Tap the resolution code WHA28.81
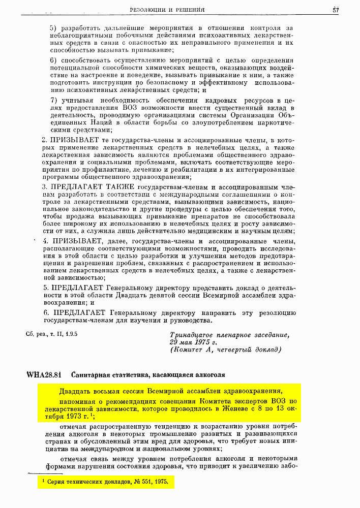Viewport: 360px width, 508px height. (x=44, y=375)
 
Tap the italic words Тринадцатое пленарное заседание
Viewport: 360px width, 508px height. (x=229, y=335)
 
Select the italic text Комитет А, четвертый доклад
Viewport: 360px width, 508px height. (x=226, y=350)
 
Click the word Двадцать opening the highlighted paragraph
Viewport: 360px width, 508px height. (x=75, y=391)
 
